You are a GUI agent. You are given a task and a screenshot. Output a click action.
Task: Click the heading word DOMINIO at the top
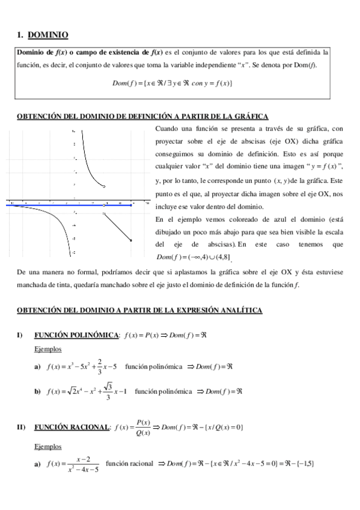click(48, 35)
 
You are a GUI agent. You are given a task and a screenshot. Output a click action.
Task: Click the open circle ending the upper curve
click(105, 187)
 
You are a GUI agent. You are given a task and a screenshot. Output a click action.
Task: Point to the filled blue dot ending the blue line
click(130, 204)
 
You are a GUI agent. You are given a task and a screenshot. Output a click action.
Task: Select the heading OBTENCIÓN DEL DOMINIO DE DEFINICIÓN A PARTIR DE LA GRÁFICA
click(142, 116)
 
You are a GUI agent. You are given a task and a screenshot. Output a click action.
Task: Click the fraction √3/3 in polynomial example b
click(107, 390)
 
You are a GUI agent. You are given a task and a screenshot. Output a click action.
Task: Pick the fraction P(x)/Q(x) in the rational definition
click(144, 427)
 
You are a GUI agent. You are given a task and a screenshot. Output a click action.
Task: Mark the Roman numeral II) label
click(21, 427)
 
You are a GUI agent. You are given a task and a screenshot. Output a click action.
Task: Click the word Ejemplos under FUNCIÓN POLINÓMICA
click(48, 349)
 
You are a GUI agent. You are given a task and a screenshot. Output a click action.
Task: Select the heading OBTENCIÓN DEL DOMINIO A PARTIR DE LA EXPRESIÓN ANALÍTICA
click(139, 310)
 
